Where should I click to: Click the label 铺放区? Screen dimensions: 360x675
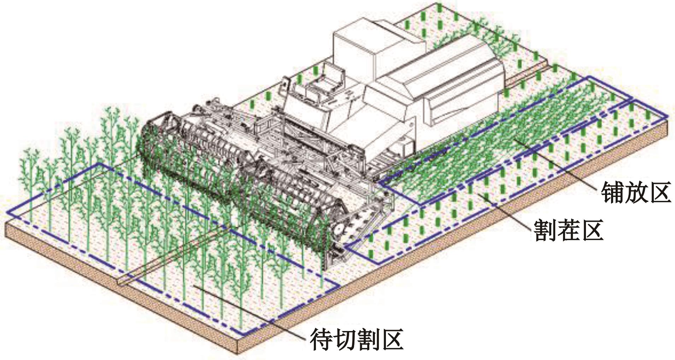point(636,192)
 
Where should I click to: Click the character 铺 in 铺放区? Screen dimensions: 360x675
point(613,192)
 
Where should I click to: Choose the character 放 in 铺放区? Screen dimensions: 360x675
point(636,192)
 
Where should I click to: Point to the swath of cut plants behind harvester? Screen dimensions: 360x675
point(502,141)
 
